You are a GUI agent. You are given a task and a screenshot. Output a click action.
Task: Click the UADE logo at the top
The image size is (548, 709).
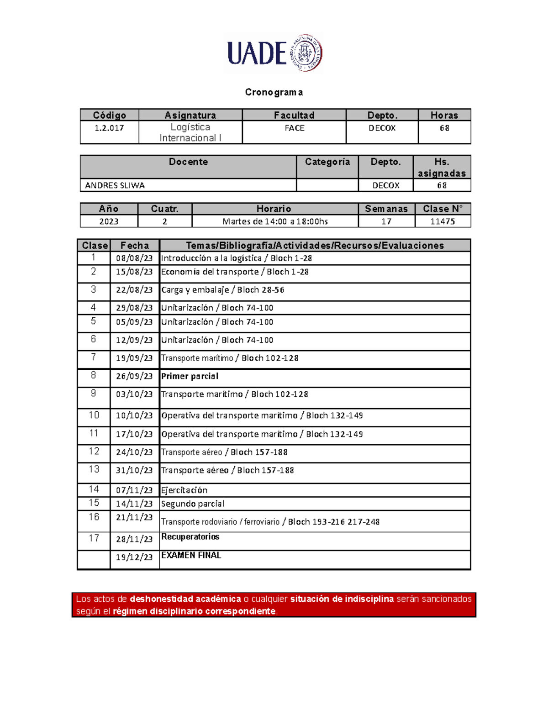click(274, 53)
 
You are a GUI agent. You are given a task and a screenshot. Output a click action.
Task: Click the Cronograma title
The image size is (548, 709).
click(274, 92)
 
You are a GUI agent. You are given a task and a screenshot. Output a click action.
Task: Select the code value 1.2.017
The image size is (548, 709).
click(109, 128)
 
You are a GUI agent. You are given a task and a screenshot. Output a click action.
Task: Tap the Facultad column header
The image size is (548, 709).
click(294, 115)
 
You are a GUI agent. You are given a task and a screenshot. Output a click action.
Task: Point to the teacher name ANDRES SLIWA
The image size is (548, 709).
click(115, 185)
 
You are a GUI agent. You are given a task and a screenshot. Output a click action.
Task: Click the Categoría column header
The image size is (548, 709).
click(327, 162)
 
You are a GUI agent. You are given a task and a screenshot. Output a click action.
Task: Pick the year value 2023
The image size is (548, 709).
click(109, 221)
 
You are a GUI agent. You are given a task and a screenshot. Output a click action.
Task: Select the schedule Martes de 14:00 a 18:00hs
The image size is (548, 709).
click(275, 221)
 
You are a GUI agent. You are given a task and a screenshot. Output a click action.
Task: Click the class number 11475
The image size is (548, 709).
click(443, 221)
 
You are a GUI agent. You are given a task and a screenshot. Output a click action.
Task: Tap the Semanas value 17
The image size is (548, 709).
click(386, 221)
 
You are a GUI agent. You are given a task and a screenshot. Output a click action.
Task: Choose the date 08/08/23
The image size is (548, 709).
click(134, 258)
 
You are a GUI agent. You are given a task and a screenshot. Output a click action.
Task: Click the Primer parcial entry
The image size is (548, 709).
click(190, 376)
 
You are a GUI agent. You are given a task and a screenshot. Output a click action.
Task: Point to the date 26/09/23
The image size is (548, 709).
click(134, 376)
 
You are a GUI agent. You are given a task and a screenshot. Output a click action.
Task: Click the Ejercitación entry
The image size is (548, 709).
click(184, 490)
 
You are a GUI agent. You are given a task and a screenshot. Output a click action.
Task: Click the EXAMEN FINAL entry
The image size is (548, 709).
click(191, 555)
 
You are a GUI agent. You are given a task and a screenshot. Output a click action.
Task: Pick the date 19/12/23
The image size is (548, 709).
click(134, 557)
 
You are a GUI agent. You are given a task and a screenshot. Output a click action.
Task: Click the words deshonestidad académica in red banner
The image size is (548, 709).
click(185, 599)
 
